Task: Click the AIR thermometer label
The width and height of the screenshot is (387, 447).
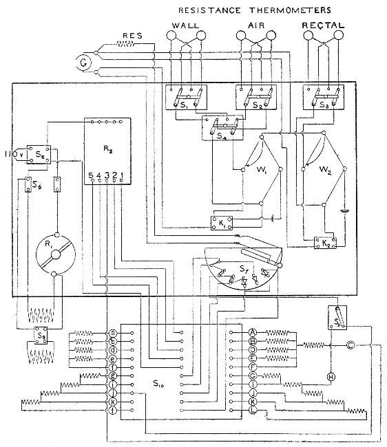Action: pyautogui.click(x=255, y=25)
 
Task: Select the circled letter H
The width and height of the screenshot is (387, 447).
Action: pyautogui.click(x=330, y=376)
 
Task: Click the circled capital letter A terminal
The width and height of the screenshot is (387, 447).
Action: pyautogui.click(x=253, y=331)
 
